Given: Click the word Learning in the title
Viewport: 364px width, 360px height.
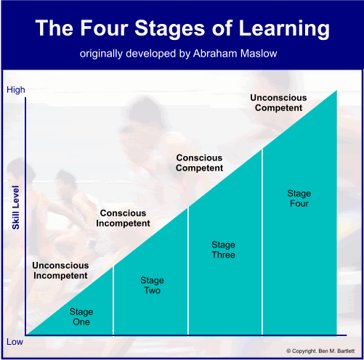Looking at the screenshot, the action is [284, 29].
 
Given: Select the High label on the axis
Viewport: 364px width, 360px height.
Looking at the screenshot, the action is [16, 90].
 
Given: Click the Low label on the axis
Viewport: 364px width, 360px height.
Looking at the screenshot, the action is [15, 342].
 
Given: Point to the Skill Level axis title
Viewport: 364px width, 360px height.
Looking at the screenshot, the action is [16, 208].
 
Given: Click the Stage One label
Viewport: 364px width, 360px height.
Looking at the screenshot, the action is [81, 317].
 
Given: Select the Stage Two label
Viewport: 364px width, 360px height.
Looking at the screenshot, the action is [152, 285].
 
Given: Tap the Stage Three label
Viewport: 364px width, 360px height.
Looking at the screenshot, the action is [223, 250].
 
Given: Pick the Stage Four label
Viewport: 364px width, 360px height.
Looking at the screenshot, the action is [299, 198].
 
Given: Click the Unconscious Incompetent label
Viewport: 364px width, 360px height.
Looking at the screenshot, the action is [60, 271].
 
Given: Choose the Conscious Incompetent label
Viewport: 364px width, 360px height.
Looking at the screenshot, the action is [123, 218].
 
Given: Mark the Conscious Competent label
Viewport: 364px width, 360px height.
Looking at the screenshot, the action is [199, 163].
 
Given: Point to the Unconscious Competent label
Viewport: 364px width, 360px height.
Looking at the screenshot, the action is [278, 103].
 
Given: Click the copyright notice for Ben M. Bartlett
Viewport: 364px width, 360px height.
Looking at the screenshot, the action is [320, 351].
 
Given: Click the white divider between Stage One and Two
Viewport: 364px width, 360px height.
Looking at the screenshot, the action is [113, 300].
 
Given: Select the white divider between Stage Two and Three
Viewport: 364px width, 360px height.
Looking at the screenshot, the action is [188, 271].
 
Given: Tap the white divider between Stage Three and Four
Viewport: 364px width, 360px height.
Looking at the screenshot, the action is [262, 242].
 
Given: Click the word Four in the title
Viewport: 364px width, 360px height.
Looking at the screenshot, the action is [104, 28].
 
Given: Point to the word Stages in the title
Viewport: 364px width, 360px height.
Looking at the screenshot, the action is [170, 29].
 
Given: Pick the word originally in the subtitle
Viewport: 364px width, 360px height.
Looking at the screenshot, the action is [101, 54].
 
